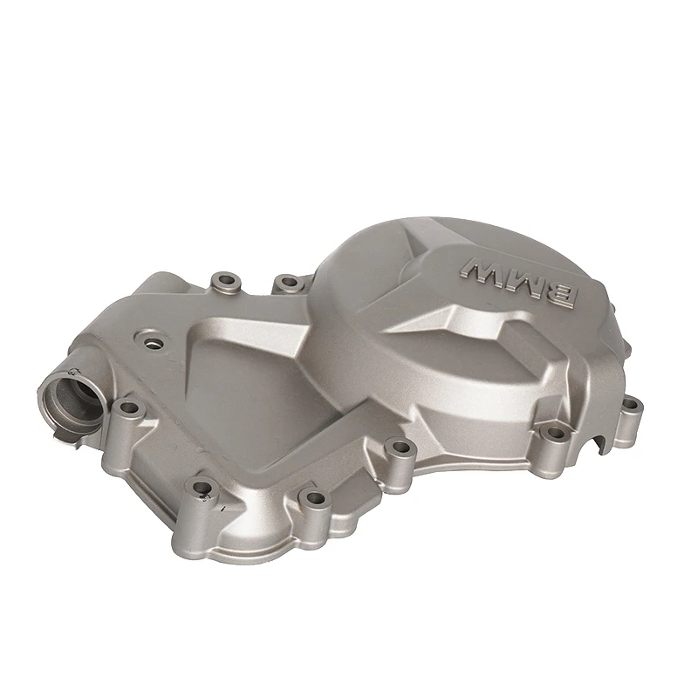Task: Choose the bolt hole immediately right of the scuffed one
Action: (311, 498)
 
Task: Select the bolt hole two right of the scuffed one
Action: (400, 448)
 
